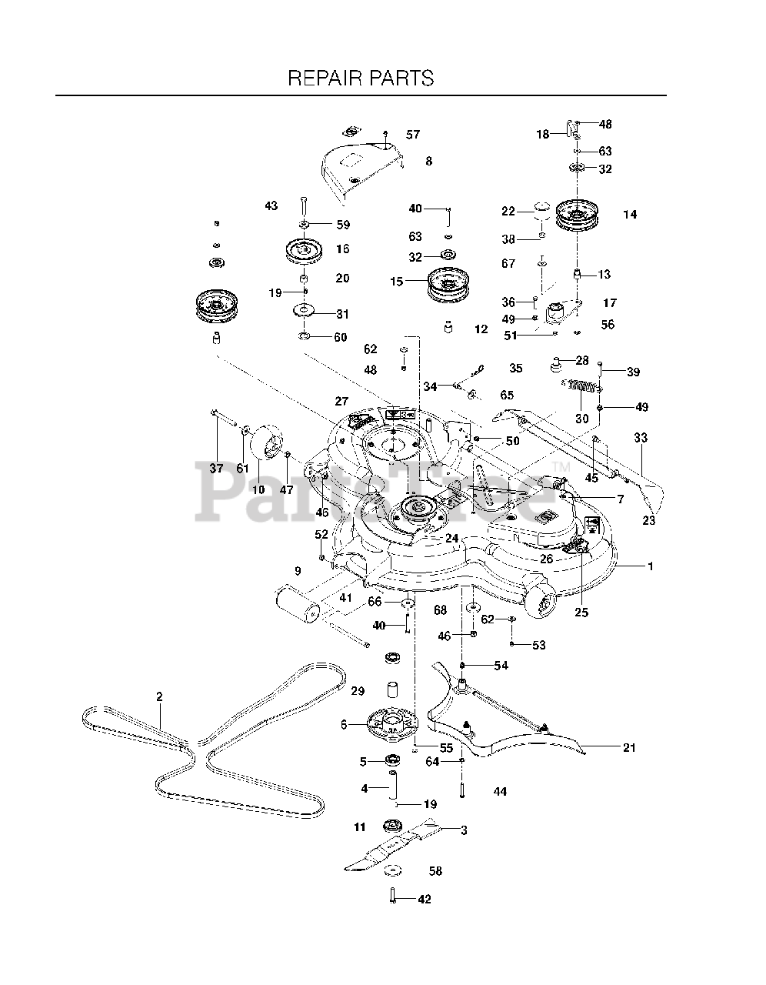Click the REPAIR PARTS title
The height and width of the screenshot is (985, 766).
coord(361,78)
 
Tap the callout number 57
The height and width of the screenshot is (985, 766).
coord(413,135)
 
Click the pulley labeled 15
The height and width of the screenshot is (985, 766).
coord(448,282)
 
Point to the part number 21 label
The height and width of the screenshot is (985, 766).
coord(629,747)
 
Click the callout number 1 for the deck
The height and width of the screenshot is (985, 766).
coord(650,566)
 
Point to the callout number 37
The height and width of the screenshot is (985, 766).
coord(217,468)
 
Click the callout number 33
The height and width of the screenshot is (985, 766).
coord(641,438)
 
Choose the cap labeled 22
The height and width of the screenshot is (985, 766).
coord(543,210)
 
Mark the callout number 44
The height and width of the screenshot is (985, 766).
coord(500,791)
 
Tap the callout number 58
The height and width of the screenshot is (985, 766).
coord(435,871)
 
